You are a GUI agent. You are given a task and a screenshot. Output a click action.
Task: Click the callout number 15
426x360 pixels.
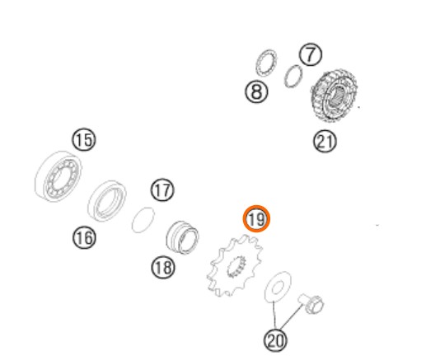click(x=84, y=140)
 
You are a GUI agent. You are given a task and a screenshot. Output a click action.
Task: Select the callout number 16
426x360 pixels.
click(x=84, y=238)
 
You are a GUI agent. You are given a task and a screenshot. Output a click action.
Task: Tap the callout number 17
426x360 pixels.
click(x=162, y=189)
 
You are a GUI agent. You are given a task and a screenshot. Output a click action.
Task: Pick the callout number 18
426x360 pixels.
click(x=163, y=267)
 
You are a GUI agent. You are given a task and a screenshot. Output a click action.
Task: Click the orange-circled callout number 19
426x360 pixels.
click(x=256, y=219)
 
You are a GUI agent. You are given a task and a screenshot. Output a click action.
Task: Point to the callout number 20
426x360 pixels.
click(x=275, y=340)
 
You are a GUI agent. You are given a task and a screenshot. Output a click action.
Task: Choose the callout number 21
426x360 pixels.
click(x=325, y=141)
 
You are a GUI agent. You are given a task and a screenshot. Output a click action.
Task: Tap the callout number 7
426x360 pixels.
click(x=311, y=54)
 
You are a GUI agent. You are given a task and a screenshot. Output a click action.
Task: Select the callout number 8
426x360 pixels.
click(x=256, y=91)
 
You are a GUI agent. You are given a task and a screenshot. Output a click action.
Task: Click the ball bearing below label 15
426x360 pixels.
click(x=59, y=176)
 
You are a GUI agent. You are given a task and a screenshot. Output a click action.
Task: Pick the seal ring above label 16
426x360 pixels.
click(x=107, y=201)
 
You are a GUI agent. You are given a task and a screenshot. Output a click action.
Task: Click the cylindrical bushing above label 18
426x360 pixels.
click(x=183, y=237)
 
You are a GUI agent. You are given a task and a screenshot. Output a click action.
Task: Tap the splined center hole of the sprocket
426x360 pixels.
click(x=236, y=266)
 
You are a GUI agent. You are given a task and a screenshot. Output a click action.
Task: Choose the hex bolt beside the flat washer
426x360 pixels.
click(x=311, y=303)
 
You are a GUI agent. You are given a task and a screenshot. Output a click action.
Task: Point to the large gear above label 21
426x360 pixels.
click(x=335, y=96)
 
